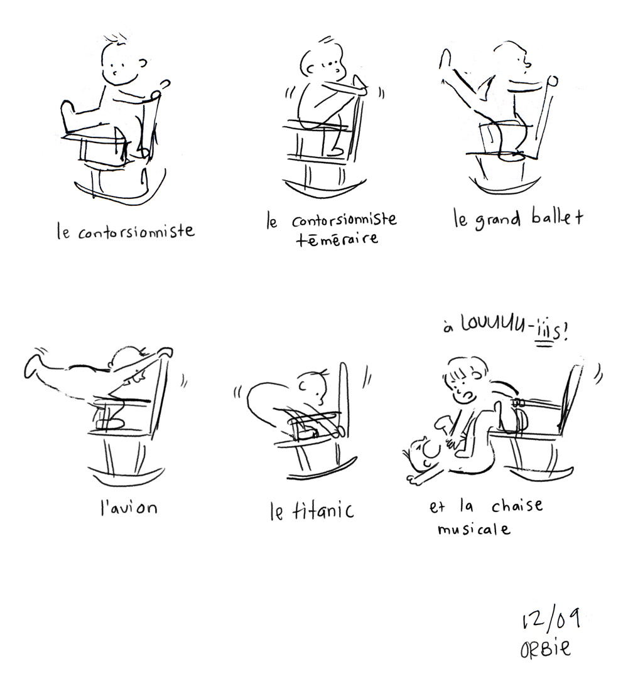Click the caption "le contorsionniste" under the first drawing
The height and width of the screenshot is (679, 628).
126,231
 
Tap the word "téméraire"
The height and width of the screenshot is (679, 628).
337,238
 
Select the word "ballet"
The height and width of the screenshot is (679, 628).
558,218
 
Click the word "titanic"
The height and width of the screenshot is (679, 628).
323,510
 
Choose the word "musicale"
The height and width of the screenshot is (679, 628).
474,529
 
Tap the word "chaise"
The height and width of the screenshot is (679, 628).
517,505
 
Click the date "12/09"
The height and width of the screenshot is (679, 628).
550,619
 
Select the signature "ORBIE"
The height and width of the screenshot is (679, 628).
546,648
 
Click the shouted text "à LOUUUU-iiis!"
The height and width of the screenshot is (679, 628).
506,329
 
